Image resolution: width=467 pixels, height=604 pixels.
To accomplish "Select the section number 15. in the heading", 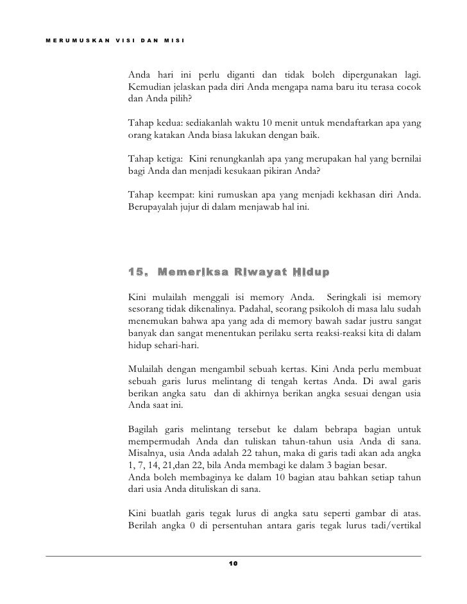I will (139, 272).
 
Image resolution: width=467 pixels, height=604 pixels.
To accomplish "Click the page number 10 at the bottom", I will (233, 564).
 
